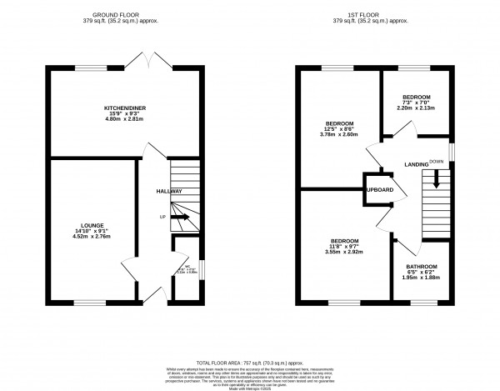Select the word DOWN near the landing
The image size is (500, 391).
click(436, 161)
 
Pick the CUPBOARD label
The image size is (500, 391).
click(378, 191)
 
